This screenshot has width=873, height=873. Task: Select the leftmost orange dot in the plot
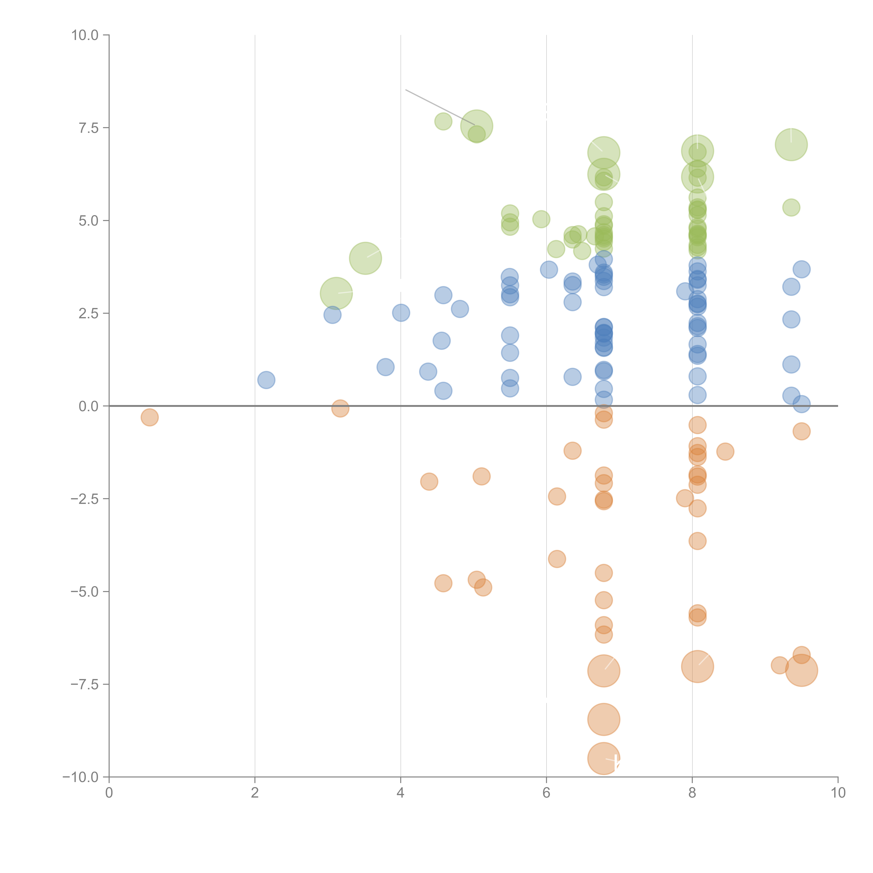(150, 417)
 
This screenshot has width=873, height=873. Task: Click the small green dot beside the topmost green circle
(443, 121)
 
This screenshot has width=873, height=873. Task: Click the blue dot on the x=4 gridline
(401, 313)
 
